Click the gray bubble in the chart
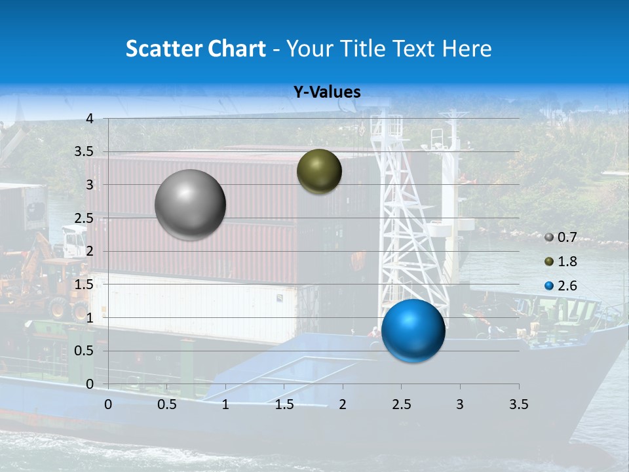191,205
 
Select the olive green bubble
319,171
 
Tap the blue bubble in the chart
413,330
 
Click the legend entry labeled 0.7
561,237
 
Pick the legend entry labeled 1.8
561,262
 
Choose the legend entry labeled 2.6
561,286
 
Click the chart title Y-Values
327,92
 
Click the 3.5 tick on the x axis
518,404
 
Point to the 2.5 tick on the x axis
401,404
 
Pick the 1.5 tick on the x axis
284,404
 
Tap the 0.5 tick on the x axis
166,404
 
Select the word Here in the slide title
467,49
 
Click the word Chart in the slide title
237,49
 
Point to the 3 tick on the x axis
460,404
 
